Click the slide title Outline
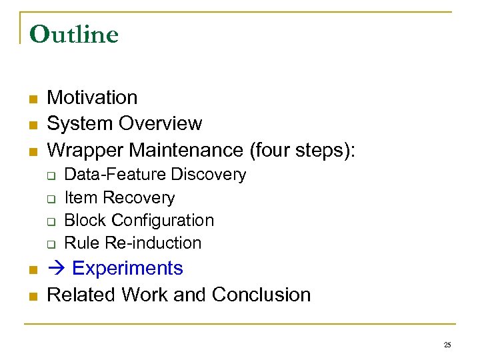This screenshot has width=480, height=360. point(74,34)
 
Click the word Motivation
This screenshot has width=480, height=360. point(92,97)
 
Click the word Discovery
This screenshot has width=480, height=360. point(208,175)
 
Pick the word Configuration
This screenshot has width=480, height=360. point(163,220)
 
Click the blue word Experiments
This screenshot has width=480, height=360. point(127,268)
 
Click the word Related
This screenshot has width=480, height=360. point(77,294)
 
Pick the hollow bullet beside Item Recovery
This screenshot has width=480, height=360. point(50,199)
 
